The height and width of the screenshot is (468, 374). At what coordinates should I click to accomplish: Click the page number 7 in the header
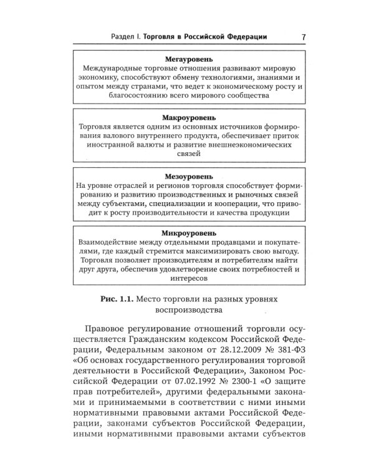coord(302,37)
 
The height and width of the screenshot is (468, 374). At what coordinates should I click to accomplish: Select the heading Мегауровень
coord(189,57)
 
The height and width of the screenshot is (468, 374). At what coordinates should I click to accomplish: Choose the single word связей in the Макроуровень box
coord(189,152)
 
